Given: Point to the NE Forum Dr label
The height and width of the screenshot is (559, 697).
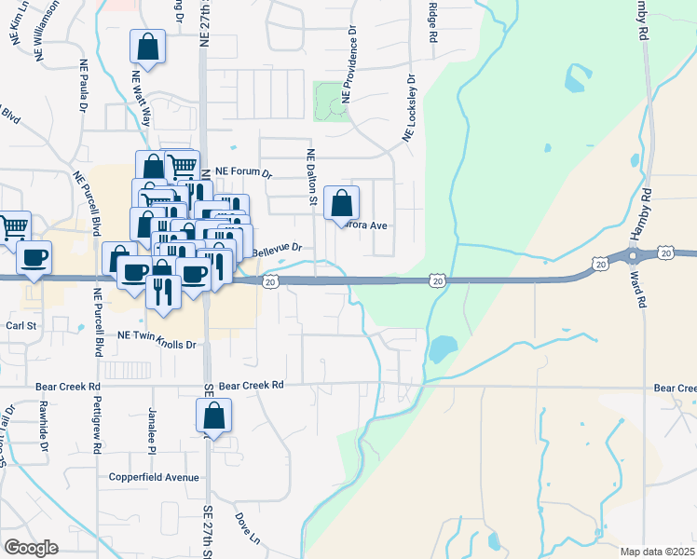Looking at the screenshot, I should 242,172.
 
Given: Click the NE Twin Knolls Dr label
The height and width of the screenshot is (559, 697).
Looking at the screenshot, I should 157,344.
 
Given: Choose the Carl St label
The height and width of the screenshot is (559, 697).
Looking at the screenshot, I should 20,326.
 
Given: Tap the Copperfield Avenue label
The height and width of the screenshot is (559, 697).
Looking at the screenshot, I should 153,477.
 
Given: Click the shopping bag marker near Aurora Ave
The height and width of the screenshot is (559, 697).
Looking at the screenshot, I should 342,203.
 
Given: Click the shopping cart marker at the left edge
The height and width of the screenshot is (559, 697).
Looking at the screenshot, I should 14,226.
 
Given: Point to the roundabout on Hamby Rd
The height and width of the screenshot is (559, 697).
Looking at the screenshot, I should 634,254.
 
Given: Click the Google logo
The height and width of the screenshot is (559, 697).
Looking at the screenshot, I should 31,547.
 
